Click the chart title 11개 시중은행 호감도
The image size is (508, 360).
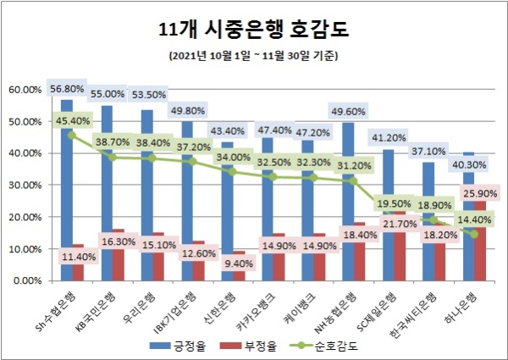(x=254, y=30)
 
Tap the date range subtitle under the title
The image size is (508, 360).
(x=254, y=57)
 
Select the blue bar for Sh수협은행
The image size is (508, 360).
(x=67, y=212)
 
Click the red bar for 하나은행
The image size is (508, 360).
(x=480, y=254)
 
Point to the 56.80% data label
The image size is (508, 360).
(x=67, y=89)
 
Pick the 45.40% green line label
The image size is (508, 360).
(x=71, y=120)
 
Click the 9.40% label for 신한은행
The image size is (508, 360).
(x=236, y=263)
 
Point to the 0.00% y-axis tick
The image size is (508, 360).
(x=29, y=280)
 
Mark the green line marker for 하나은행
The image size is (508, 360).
(x=474, y=235)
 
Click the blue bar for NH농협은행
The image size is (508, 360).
(x=348, y=203)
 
